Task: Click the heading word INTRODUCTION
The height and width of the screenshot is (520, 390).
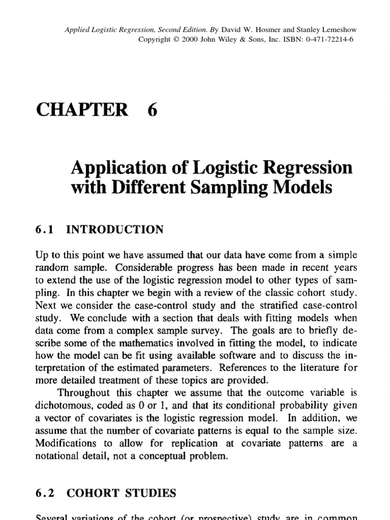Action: point(115,230)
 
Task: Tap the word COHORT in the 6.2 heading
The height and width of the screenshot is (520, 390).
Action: point(92,493)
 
